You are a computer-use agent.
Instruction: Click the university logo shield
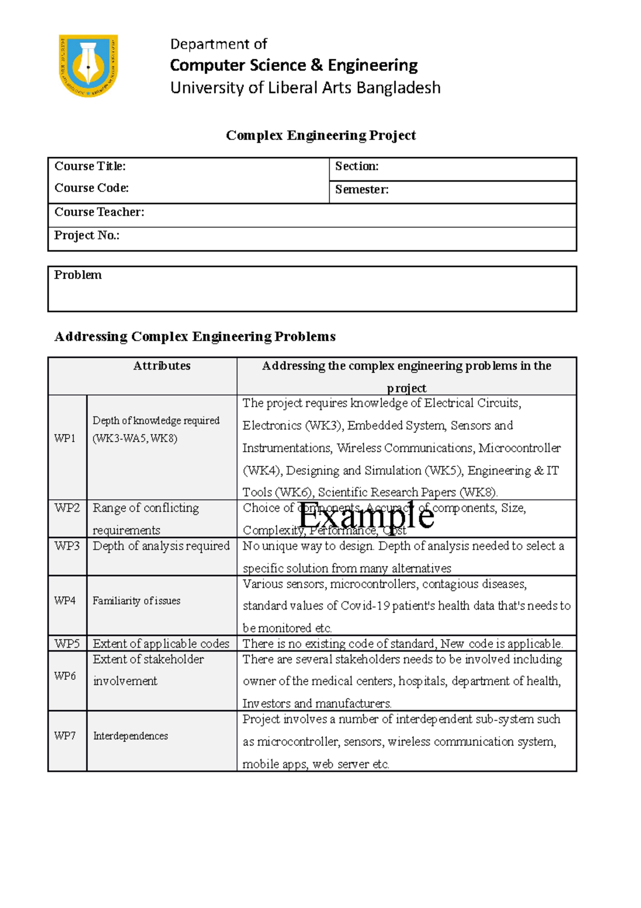pos(88,66)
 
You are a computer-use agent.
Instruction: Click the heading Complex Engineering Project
pos(320,135)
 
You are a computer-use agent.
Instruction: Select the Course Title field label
pos(90,166)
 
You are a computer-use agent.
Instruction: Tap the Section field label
pos(357,166)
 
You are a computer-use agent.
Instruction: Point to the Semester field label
pos(362,189)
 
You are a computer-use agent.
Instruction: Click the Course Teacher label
pos(99,212)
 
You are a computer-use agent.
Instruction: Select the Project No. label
pos(87,235)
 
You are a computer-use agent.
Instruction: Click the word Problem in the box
pos(77,275)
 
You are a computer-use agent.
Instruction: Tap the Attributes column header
pos(161,366)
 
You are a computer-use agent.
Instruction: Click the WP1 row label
pos(65,438)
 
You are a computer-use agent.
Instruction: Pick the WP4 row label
pos(65,601)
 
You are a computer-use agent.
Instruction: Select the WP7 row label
pos(65,736)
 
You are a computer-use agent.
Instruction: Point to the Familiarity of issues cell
pos(136,601)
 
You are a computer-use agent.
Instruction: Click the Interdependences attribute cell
pos(130,736)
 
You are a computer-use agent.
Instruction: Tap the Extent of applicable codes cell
pos(161,643)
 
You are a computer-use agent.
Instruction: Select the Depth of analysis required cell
pos(161,546)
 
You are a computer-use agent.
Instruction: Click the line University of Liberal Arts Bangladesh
pos(305,88)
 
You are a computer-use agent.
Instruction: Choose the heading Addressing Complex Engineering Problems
pos(195,336)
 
